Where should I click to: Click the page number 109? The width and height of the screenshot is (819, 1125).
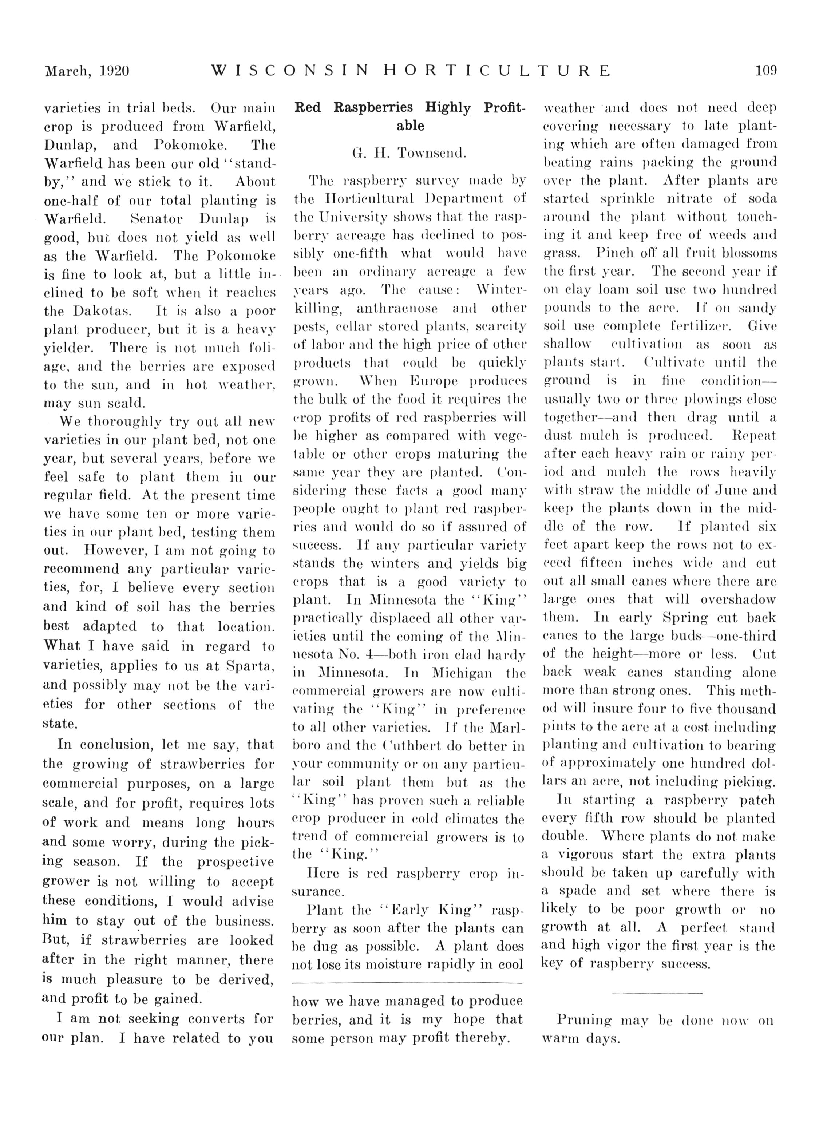[766, 71]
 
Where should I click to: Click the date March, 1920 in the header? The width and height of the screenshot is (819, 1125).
[87, 71]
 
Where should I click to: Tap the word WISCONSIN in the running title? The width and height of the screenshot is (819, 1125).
[290, 71]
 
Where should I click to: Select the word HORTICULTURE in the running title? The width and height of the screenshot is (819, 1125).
[496, 71]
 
